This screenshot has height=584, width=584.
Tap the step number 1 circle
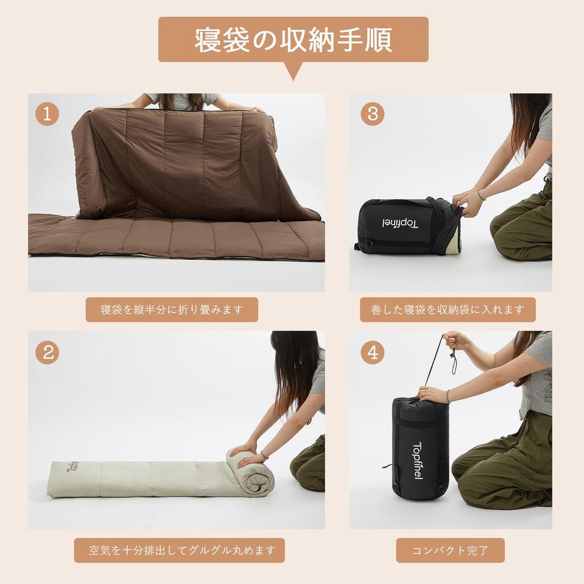pyautogui.click(x=47, y=114)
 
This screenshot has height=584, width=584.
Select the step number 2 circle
pyautogui.click(x=47, y=352)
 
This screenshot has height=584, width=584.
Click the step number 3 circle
pyautogui.click(x=372, y=114)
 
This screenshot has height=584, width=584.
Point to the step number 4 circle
pyautogui.click(x=372, y=352)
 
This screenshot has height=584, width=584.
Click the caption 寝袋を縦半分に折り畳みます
pyautogui.click(x=172, y=310)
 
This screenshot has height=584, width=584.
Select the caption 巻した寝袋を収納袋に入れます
pyautogui.click(x=447, y=310)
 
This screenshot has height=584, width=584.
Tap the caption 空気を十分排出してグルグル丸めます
pyautogui.click(x=179, y=550)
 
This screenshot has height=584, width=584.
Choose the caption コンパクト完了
pyautogui.click(x=450, y=550)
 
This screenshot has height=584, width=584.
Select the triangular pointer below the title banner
pyautogui.click(x=293, y=71)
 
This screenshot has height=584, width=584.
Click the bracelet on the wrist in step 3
pyautogui.click(x=481, y=196)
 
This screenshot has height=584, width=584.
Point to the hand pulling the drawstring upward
pyautogui.click(x=455, y=340)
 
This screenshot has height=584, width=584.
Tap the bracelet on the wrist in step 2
pyautogui.click(x=265, y=455)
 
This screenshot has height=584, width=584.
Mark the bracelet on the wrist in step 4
pyautogui.click(x=448, y=396)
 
